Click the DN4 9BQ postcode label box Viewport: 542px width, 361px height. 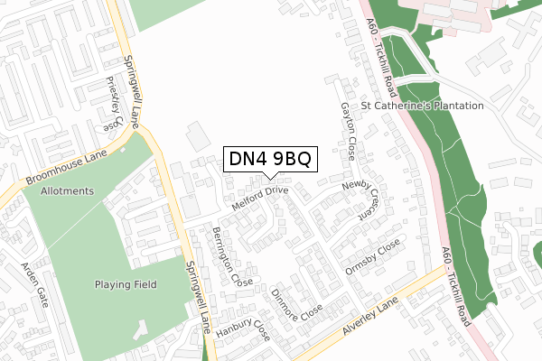[270, 160]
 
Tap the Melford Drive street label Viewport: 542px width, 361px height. [259, 198]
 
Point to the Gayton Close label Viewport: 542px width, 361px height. [348, 131]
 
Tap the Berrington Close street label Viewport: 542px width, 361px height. [232, 256]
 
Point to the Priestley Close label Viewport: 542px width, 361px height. [113, 102]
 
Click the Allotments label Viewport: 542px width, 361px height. [67, 191]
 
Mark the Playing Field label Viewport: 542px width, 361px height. [126, 284]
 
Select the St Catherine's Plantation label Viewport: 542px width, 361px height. [422, 106]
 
